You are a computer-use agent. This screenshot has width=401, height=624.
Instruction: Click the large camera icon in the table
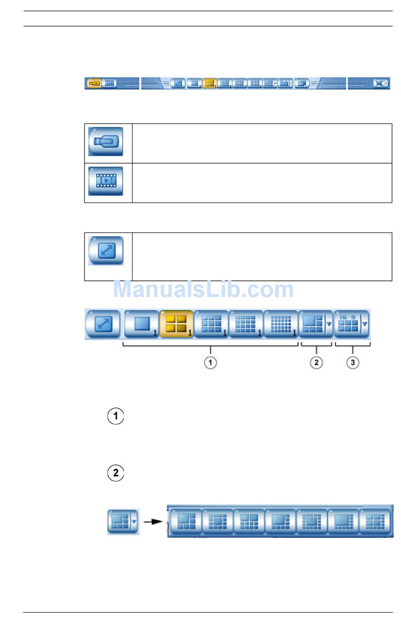pos(106,142)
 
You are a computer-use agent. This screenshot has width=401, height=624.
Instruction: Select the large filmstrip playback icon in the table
pos(106,181)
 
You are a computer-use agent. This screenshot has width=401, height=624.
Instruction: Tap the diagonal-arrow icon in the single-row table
pos(106,251)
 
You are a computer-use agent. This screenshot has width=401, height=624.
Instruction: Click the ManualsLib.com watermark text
pos(203,290)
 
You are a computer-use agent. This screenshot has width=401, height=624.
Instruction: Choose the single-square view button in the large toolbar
pos(141,324)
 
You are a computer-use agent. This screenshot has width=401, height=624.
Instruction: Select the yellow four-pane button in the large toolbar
pos(176,324)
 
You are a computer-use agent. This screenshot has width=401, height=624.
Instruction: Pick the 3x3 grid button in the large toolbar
pos(211,324)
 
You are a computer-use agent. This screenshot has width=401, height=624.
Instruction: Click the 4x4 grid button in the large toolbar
pos(246,324)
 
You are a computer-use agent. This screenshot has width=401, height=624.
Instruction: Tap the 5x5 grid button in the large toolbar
pos(281,324)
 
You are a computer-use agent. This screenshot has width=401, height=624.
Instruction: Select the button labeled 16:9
pos(348,324)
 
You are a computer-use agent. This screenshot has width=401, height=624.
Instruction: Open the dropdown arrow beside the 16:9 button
pos(365,324)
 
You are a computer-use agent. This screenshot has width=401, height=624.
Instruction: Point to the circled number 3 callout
pos(353,362)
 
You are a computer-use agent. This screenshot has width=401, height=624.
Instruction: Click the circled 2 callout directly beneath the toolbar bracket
pos(316,362)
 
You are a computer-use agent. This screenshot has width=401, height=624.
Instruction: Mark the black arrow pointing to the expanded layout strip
pos(153,522)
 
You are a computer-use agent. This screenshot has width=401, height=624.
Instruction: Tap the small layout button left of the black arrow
pos(120,521)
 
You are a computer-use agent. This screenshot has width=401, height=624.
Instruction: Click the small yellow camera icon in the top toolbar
pos(94,84)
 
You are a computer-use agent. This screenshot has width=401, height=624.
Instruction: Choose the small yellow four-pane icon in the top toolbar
pos(209,84)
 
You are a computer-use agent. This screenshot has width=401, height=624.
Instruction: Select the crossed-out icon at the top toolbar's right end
pos(379,84)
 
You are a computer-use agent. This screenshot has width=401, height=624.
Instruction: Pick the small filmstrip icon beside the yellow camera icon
pos(109,84)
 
